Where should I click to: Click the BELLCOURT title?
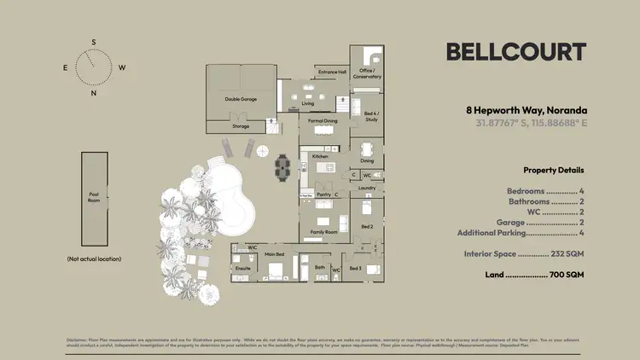coord(516,52)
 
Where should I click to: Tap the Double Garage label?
coord(241,99)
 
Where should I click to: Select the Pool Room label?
coord(94,197)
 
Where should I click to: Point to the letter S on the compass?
coord(94,42)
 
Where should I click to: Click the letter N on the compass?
coord(94,93)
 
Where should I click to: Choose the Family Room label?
coord(323,232)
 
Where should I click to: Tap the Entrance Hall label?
coord(331,73)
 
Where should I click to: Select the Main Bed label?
coord(274,253)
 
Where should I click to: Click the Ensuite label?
coord(243,269)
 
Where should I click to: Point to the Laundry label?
coord(367,188)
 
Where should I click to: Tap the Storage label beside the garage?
coord(241,126)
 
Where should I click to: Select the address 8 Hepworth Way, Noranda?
coord(526,110)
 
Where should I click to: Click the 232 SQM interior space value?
coord(567,254)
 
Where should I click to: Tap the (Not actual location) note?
coord(94,258)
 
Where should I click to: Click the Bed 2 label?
coord(367,227)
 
